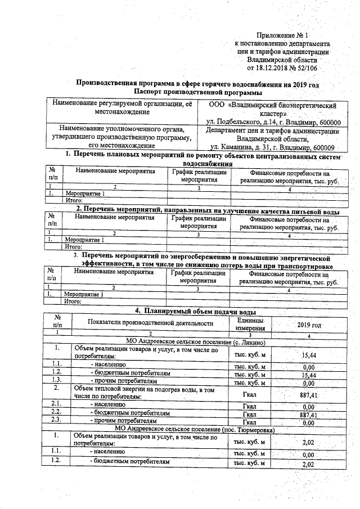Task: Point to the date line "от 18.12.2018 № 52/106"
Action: [282, 68]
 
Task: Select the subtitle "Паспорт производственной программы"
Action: [199, 92]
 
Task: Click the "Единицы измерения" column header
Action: [249, 323]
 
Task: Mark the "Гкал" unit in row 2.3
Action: [249, 422]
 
